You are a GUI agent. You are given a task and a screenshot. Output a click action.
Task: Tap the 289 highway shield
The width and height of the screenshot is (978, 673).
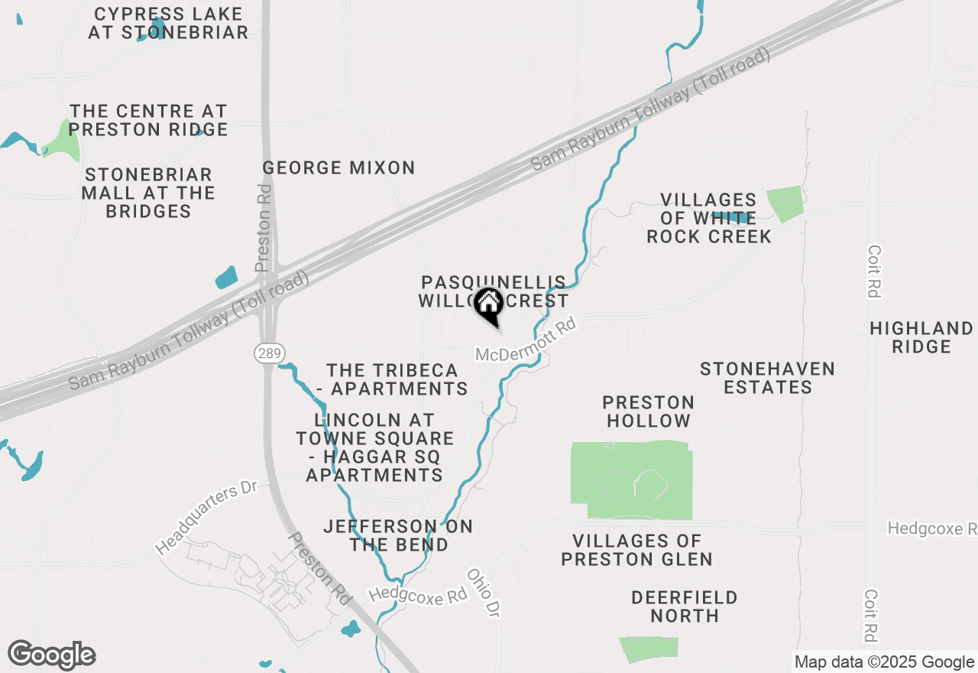(x=264, y=353)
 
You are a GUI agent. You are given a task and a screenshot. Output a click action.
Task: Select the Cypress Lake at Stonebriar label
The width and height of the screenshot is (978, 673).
(x=168, y=23)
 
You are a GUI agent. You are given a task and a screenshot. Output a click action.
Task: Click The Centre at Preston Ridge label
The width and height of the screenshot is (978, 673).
(x=149, y=121)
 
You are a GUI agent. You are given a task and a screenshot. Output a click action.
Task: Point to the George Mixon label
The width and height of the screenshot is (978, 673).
(x=338, y=167)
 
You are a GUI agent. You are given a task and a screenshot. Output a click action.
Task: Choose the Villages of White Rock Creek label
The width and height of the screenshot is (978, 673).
(x=709, y=219)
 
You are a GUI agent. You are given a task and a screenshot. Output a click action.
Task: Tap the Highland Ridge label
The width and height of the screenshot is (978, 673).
(x=921, y=337)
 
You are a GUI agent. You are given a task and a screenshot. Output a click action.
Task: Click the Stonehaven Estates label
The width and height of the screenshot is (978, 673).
(x=768, y=379)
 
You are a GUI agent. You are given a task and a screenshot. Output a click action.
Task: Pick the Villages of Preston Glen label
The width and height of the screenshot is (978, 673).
(x=636, y=551)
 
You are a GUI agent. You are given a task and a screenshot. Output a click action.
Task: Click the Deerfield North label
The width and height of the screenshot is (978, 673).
(x=675, y=606)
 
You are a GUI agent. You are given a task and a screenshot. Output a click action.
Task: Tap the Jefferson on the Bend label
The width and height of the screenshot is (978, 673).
(x=398, y=535)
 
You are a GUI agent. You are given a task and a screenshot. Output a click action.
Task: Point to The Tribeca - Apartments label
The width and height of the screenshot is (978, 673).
(x=392, y=379)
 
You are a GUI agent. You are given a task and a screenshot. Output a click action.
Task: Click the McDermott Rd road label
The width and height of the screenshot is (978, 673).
(x=525, y=342)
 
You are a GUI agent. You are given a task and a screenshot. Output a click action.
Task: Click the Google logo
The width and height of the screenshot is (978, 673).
(x=52, y=655)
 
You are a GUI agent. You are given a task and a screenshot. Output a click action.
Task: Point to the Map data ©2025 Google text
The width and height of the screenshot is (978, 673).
(x=884, y=662)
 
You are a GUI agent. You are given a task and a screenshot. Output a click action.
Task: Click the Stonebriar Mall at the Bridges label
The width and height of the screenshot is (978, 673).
(x=148, y=193)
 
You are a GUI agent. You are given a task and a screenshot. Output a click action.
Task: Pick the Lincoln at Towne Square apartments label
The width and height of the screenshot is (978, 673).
(x=374, y=447)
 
